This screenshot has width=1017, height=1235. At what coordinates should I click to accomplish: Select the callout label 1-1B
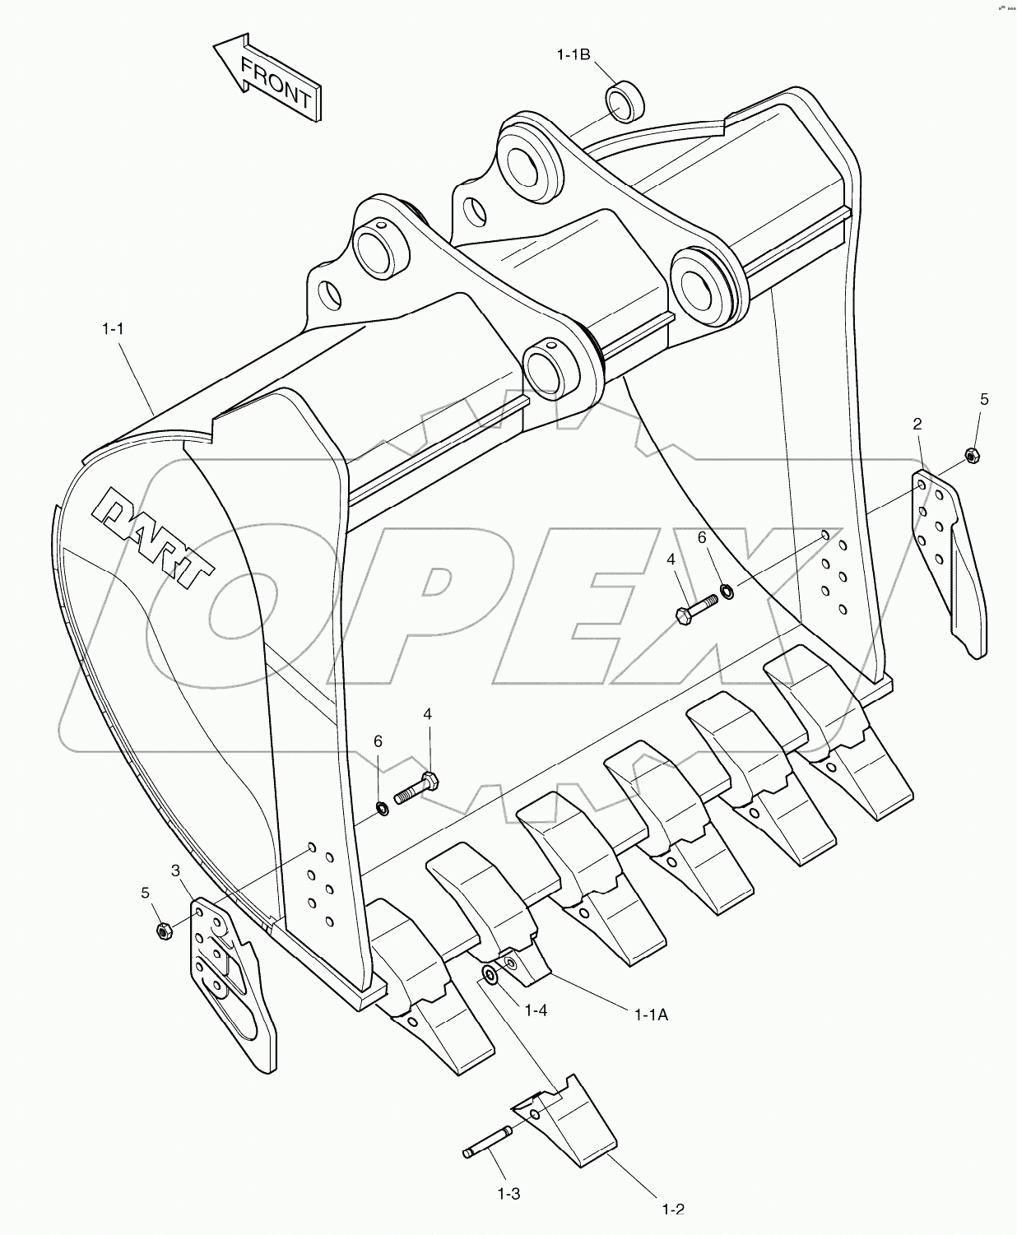coord(574,55)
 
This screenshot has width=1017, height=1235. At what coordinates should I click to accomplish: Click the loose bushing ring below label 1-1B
coord(625,102)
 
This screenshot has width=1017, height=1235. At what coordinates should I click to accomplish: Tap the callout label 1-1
coord(113,329)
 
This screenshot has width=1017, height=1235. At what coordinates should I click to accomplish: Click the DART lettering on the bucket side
coord(155,536)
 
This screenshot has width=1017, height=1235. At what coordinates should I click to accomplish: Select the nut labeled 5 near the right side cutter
coord(971,455)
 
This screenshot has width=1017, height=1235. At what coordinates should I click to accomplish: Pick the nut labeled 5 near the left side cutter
coord(164,931)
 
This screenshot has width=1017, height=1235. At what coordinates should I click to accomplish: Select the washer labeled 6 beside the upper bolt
coord(727,591)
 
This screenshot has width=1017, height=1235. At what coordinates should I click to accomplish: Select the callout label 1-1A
coord(651,1015)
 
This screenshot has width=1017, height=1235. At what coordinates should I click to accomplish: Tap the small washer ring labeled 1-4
coord(489,975)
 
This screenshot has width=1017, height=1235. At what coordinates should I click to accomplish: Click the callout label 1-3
coord(507,1192)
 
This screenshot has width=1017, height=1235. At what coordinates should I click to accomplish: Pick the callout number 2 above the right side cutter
coord(917,424)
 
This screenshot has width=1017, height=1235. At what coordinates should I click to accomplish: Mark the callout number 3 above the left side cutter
coord(175,870)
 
